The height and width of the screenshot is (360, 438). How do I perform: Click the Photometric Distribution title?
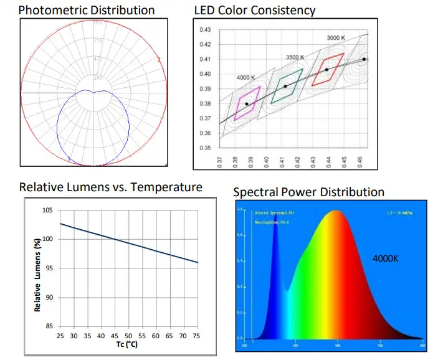click(87, 11)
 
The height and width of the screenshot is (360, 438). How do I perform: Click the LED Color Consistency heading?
click(255, 11)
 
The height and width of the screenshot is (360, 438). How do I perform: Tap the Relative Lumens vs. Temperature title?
click(111, 187)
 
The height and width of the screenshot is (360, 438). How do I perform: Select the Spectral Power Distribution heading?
click(308, 192)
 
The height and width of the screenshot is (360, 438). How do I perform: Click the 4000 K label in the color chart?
click(246, 78)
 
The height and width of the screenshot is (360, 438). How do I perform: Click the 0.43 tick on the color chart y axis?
click(205, 30)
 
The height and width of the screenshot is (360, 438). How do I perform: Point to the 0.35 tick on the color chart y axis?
click(205, 148)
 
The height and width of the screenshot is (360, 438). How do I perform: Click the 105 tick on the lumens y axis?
click(47, 211)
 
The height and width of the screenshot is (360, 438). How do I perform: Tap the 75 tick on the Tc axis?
click(198, 337)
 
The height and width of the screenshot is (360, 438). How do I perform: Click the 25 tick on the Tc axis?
click(59, 337)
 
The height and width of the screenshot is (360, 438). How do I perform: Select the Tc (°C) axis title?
click(128, 345)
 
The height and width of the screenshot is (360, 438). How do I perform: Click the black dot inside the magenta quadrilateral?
click(247, 104)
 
